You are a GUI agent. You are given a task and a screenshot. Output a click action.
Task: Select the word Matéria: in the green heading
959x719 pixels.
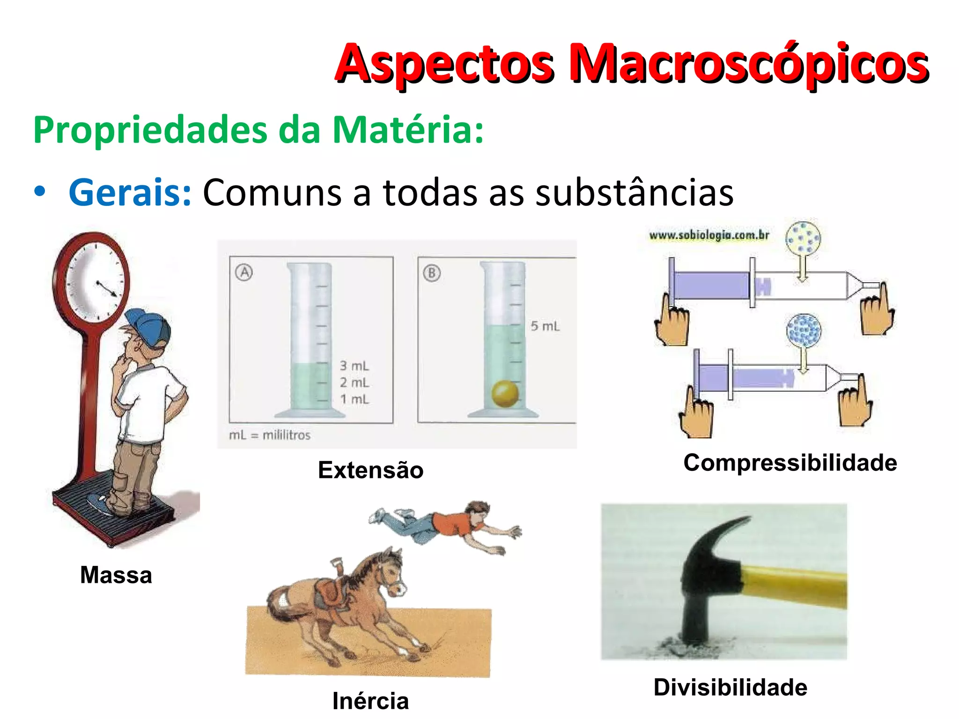click(408, 130)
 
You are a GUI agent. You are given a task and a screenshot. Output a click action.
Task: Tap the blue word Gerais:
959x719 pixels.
click(130, 192)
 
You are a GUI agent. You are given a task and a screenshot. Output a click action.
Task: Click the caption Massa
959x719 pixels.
click(116, 575)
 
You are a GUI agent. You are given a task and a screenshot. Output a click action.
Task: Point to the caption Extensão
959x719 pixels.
click(370, 470)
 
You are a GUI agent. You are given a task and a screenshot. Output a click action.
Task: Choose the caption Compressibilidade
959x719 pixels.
click(790, 462)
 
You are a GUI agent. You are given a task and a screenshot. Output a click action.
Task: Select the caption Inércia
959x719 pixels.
click(370, 701)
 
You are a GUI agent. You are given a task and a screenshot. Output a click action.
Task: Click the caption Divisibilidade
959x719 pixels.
click(730, 687)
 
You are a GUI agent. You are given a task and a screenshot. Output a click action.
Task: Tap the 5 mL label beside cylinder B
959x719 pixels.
click(545, 326)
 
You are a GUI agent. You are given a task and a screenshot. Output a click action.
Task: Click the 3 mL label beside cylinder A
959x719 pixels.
click(354, 366)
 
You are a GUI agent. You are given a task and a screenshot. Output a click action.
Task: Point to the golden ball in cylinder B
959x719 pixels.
click(505, 394)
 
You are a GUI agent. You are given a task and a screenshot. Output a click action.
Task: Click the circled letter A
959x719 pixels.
click(244, 272)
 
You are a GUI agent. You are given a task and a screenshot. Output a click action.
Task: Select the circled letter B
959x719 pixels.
click(432, 273)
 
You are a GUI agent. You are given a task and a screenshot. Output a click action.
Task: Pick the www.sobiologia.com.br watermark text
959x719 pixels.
click(709, 235)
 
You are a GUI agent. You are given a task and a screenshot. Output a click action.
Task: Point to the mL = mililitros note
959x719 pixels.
click(270, 435)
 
